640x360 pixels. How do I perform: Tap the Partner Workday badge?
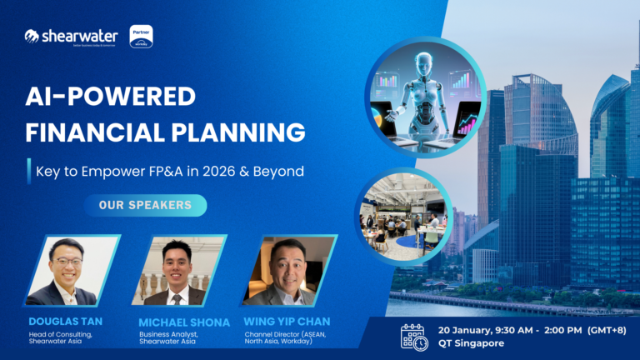142,36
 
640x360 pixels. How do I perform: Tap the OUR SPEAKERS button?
145,205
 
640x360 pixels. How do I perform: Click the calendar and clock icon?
414,336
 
